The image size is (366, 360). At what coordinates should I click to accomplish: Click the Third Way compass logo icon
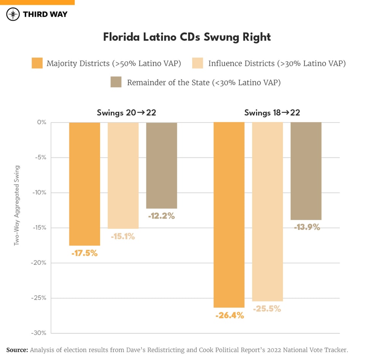13,14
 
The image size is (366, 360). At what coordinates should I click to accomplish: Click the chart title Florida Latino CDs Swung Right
187,37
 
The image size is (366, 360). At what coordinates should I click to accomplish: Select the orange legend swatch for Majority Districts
37,63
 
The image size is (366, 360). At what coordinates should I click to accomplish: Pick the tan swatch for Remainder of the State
116,82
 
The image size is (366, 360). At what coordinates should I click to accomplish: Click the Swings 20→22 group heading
126,113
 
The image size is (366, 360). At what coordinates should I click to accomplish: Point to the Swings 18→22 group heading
272,113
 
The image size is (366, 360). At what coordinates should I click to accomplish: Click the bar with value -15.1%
123,175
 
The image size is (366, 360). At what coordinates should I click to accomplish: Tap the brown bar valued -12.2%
162,166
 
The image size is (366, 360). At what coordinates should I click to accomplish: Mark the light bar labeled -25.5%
267,212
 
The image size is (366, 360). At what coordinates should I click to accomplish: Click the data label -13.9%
307,228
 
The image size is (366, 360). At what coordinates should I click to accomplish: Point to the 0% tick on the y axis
42,122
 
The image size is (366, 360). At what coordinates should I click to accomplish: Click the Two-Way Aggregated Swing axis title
16,206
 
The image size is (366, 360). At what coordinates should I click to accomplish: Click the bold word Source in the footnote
17,350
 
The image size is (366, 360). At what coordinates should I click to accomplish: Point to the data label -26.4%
230,316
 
